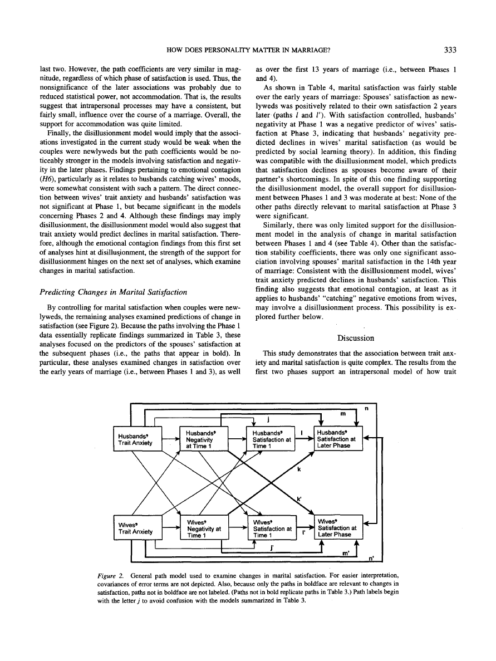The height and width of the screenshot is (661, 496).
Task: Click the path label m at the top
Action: point(342,414)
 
